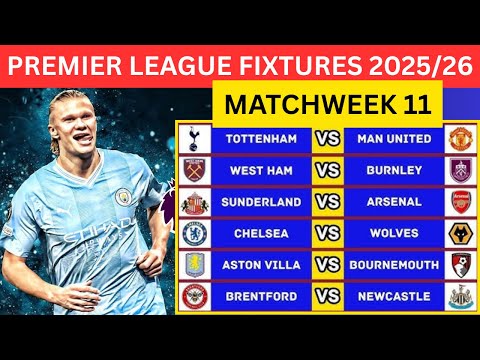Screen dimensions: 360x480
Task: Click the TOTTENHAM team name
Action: (x=261, y=138)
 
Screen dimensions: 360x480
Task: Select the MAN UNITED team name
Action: (x=394, y=138)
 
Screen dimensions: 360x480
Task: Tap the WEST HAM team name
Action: (x=261, y=170)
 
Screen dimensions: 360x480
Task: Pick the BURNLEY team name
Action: (x=394, y=170)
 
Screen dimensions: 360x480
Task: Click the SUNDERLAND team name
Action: (x=261, y=202)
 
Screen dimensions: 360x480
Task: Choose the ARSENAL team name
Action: (x=394, y=202)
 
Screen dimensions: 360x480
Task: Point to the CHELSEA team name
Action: (x=261, y=233)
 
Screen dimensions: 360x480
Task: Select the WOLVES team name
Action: (x=394, y=233)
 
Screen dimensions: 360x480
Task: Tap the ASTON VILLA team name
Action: (x=261, y=265)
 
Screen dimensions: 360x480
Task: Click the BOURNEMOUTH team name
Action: (x=394, y=265)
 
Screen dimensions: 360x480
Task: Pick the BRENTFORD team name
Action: (x=261, y=297)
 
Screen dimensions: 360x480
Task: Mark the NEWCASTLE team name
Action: (x=394, y=297)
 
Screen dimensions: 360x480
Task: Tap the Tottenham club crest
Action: (x=193, y=138)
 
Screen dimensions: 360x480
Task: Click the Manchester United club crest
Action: (x=460, y=138)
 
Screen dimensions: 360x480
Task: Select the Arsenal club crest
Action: (x=460, y=202)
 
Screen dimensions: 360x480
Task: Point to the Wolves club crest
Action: (x=460, y=233)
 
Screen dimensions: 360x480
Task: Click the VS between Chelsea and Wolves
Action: (x=327, y=233)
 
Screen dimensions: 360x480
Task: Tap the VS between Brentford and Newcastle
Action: (x=327, y=297)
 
